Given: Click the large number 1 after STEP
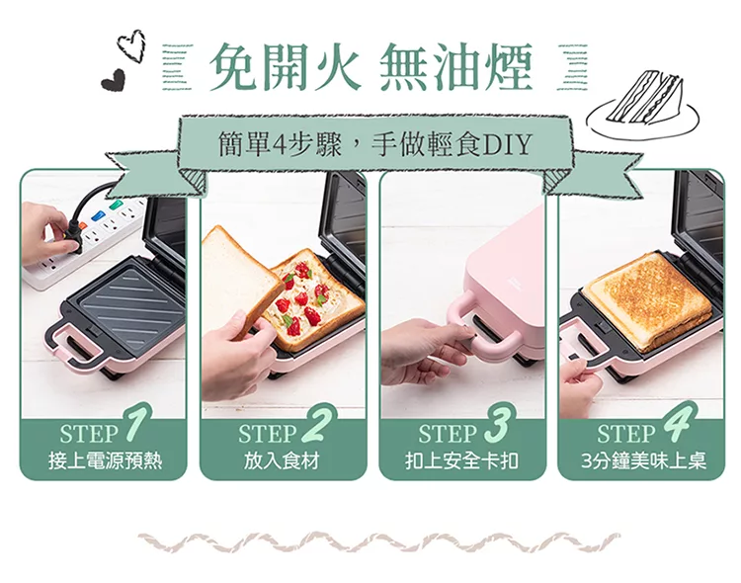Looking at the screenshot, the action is (136, 423).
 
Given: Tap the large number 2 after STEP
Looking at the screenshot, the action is (317, 424).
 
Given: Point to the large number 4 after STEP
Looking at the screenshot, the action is (681, 422).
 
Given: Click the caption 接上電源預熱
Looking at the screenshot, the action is (105, 460).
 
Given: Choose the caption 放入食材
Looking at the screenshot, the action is (282, 460).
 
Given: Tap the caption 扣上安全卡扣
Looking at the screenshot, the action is (461, 460).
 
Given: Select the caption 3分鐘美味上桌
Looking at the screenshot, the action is (643, 460).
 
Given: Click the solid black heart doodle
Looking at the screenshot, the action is (113, 79).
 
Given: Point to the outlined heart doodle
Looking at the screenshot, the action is (131, 45).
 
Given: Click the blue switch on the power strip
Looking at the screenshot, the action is (98, 216).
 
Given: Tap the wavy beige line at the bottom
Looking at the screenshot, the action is (379, 542).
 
